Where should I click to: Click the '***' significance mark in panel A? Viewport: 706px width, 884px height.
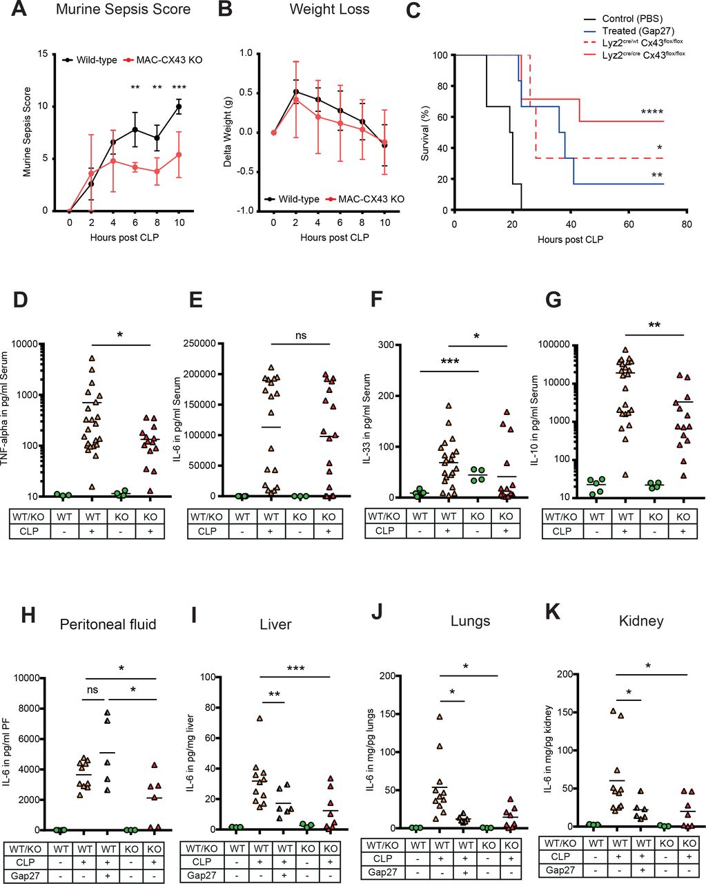click(x=179, y=88)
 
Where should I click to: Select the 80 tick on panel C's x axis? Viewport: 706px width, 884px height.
click(x=686, y=224)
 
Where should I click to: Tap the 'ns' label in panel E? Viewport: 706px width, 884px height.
click(x=301, y=336)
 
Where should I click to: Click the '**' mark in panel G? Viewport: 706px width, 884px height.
click(x=654, y=325)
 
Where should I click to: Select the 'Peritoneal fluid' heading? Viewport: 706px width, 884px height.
click(x=108, y=624)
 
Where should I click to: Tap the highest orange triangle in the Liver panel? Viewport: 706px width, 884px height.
click(x=260, y=719)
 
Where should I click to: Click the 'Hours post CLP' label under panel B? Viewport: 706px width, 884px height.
click(x=334, y=238)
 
